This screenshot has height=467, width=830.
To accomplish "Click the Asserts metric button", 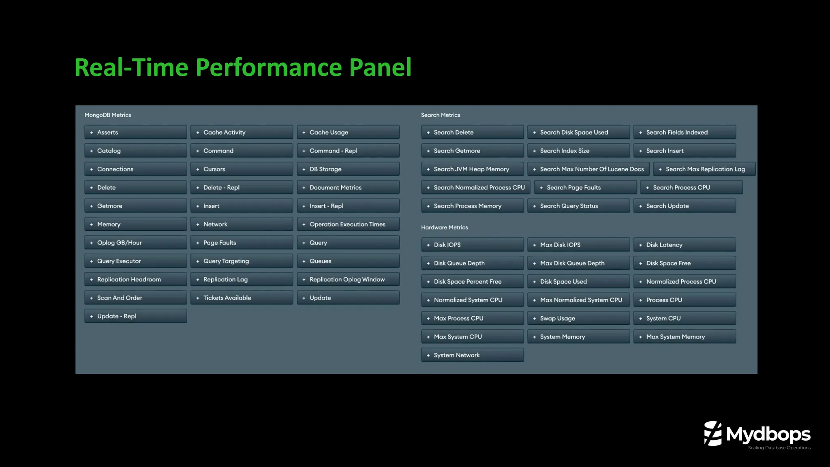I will (x=135, y=133).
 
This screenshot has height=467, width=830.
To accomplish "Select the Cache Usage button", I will (x=348, y=133).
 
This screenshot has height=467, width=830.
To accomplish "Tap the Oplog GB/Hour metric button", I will (x=135, y=243).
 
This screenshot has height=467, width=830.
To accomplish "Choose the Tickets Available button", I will (x=242, y=298).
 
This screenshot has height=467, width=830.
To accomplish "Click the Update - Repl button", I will (x=135, y=316).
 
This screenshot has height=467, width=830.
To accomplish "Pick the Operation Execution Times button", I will (x=348, y=224).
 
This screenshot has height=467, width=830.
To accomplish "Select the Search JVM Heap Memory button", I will (x=472, y=169).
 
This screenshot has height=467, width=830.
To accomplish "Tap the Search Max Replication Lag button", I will (x=704, y=169).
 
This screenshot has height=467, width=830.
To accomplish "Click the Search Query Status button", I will (x=578, y=206).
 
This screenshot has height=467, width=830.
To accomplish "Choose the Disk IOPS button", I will (x=472, y=245).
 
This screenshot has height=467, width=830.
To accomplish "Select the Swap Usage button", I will (x=578, y=319).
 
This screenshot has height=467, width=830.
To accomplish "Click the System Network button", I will (x=472, y=355).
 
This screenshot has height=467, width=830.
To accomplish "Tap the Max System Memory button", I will (x=685, y=337).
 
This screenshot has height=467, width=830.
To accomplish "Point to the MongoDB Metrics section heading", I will (x=108, y=115).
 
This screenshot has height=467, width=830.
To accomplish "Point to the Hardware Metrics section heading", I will (x=444, y=227).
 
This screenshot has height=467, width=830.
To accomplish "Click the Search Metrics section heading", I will (x=441, y=115).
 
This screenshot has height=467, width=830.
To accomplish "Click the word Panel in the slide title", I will (x=380, y=67).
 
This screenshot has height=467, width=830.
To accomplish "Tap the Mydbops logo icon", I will (x=713, y=433).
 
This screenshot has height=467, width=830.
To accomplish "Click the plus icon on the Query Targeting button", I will (x=198, y=261).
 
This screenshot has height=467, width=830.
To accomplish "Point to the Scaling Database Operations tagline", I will (x=779, y=448).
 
